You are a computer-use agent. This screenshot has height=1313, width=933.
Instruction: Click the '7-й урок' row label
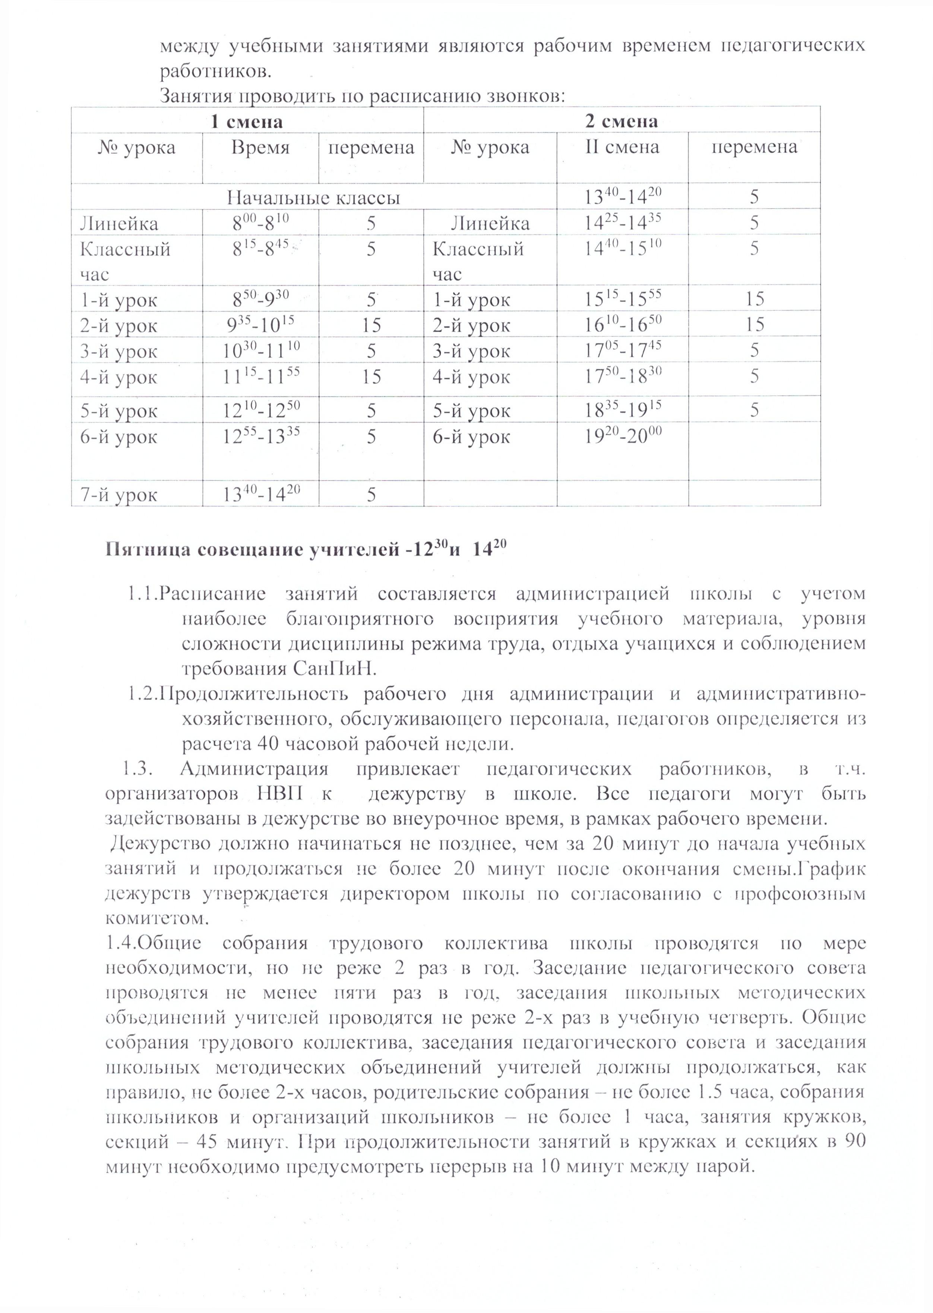[119, 495]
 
